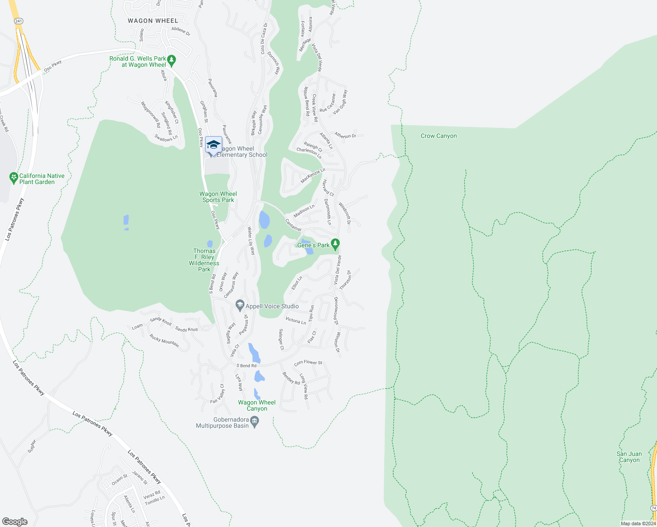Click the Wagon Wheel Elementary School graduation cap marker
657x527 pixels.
point(213,144)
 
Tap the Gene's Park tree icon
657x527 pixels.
point(336,244)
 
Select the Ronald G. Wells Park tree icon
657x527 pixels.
point(172,60)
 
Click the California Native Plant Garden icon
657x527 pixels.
point(14,178)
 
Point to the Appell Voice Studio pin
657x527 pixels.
point(240,305)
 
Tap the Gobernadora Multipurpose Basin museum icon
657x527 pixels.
point(255,422)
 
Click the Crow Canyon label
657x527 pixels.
point(438,136)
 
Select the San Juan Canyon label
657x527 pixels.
point(629,457)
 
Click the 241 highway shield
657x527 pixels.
point(18,21)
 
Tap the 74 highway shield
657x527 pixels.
point(653,507)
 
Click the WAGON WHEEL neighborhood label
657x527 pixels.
point(153,21)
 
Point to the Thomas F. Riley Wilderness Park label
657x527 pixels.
point(204,260)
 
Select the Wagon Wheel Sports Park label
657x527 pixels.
point(218,197)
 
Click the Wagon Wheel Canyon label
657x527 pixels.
point(257,405)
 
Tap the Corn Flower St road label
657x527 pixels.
point(308,363)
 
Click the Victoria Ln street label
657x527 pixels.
point(296,321)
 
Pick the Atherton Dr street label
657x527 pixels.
point(345,136)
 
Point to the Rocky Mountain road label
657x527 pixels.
point(164,341)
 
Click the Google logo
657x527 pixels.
point(14,522)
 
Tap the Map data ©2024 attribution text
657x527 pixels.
point(638,523)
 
